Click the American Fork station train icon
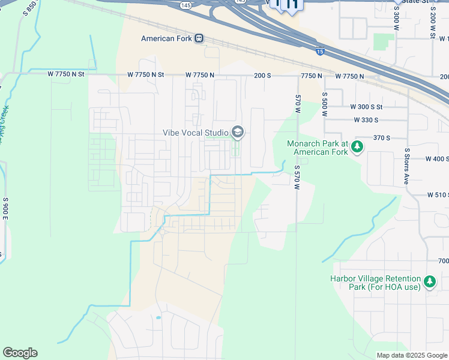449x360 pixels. (x=199, y=38)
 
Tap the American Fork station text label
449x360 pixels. (x=166, y=38)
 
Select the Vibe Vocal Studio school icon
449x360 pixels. (x=238, y=132)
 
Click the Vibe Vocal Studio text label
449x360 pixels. (x=196, y=133)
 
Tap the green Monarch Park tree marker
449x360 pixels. (x=357, y=147)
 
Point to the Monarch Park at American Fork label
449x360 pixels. (x=317, y=148)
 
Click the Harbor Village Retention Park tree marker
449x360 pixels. (x=429, y=282)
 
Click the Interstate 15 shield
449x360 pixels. (x=321, y=52)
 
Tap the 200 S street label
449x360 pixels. (x=263, y=76)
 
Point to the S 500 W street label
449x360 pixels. (x=324, y=103)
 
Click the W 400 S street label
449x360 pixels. (x=437, y=159)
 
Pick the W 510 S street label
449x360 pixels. (x=438, y=195)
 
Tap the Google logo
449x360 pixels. (x=20, y=353)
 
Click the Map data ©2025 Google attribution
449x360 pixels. (x=412, y=355)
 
